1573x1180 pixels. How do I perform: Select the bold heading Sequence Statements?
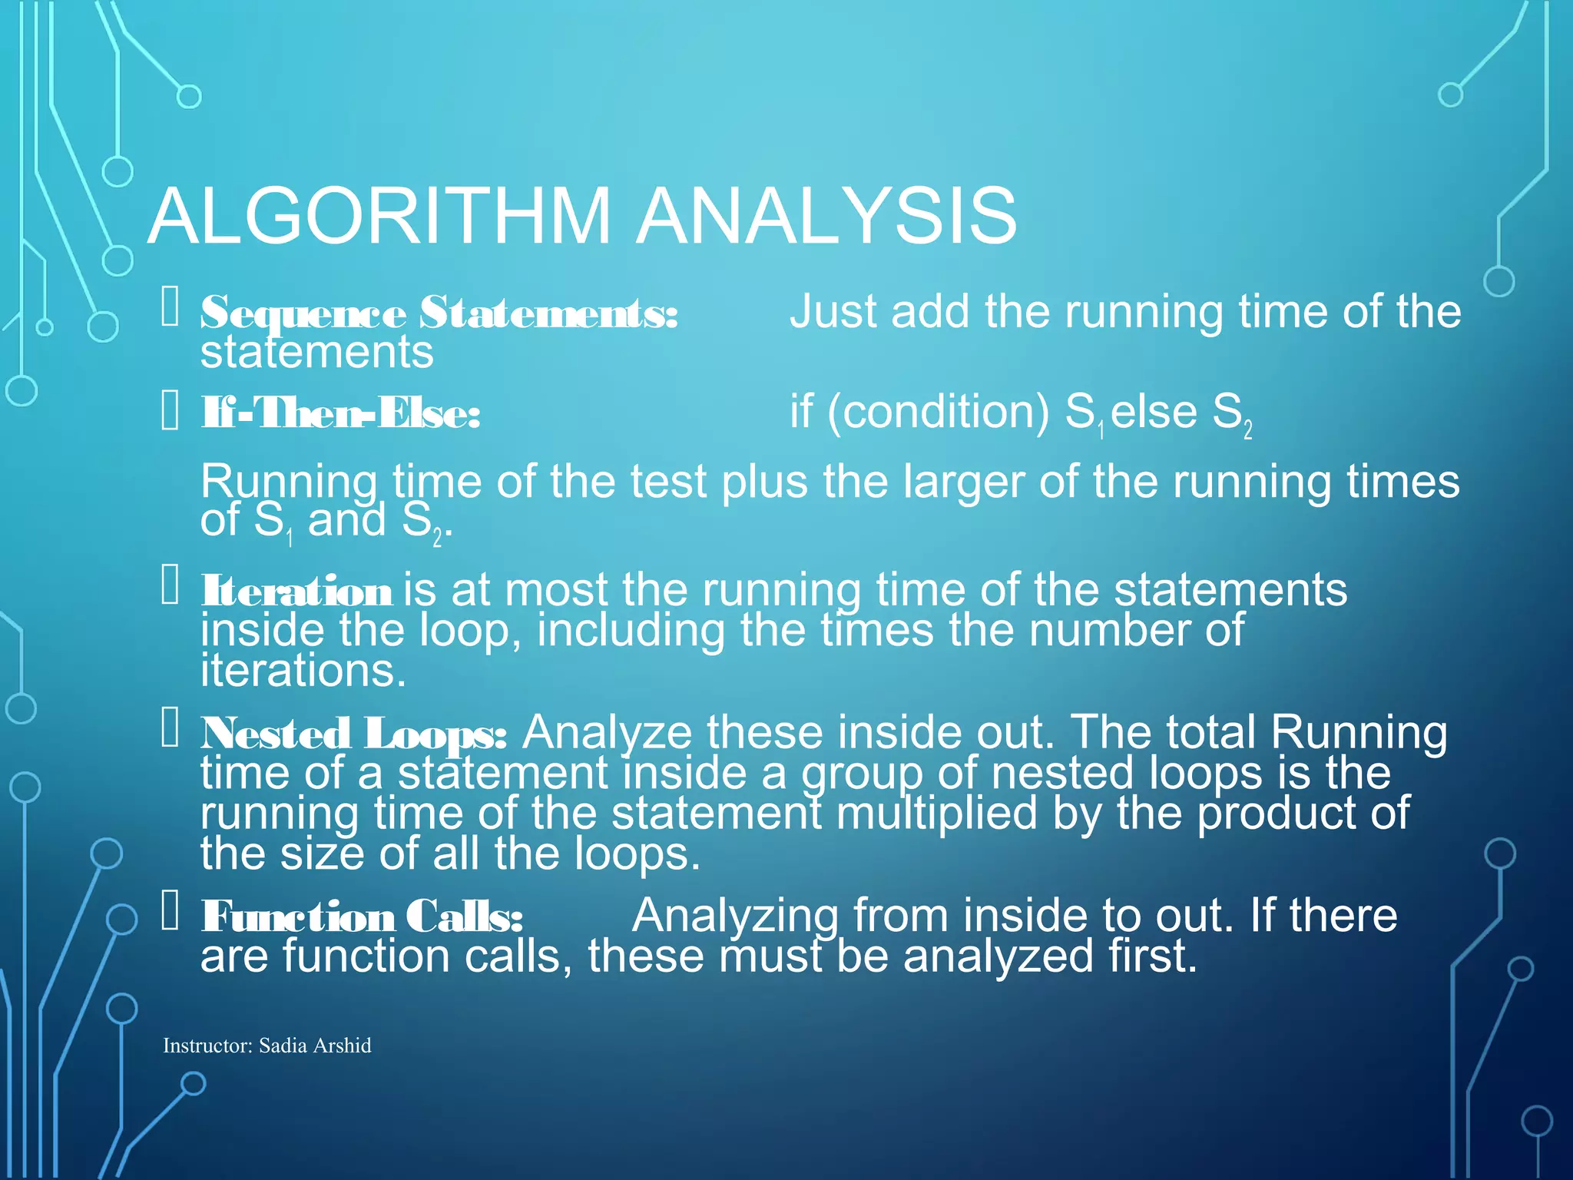(439, 313)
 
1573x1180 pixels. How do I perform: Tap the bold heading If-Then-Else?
(340, 414)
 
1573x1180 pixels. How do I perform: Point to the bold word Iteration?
(296, 592)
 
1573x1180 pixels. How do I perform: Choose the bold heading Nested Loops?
(353, 734)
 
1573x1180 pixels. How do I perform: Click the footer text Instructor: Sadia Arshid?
(267, 1046)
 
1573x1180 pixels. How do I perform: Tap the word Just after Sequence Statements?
(833, 312)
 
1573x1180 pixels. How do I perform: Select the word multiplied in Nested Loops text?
(936, 813)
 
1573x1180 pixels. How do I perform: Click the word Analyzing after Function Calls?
(734, 916)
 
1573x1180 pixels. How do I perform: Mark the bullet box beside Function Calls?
(170, 911)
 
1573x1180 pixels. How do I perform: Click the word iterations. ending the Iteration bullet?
(303, 671)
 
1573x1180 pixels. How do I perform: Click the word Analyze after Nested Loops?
(607, 732)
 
